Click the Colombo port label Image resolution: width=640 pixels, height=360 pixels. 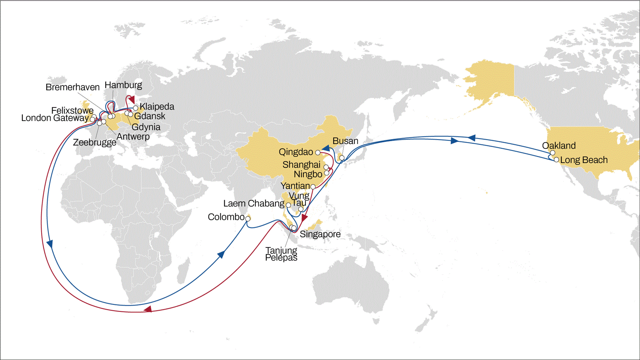click(226, 217)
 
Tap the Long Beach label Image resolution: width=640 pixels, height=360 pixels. click(584, 160)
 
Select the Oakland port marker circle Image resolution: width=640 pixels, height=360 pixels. click(552, 153)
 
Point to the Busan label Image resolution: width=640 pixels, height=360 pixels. click(345, 141)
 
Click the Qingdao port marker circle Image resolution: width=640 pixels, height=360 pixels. click(318, 153)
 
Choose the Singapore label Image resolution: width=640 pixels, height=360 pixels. click(320, 234)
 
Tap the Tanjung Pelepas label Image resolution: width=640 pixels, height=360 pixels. click(281, 254)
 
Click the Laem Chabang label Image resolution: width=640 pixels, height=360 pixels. click(254, 203)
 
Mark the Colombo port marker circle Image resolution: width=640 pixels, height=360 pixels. click(248, 219)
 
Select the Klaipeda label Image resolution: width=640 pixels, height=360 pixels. click(157, 107)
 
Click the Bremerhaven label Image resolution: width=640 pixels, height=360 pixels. click(72, 87)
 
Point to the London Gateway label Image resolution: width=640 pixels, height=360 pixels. click(55, 118)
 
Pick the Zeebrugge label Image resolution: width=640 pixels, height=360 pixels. click(95, 142)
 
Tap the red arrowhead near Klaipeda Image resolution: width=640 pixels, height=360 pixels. click(132, 100)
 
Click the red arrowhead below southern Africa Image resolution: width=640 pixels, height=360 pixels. click(148, 309)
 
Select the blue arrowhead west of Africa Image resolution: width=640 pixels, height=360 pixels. click(50, 244)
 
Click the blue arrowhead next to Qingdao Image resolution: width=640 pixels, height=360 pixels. click(326, 148)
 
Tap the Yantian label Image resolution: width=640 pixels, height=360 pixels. click(295, 186)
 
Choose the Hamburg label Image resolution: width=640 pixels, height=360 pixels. click(123, 85)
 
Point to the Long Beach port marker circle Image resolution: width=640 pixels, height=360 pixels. click(556, 160)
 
